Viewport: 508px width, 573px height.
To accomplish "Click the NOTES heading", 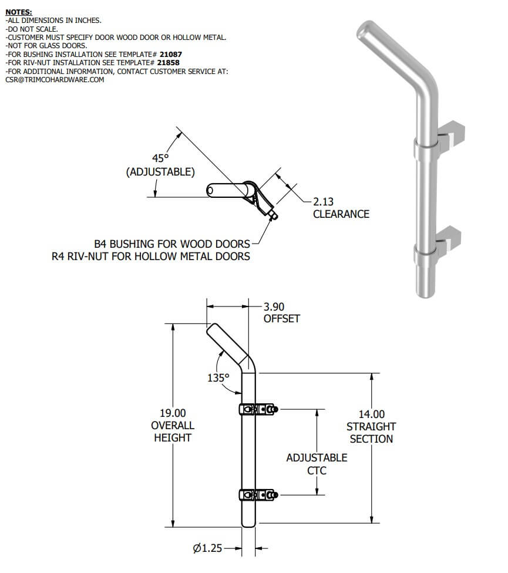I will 19,12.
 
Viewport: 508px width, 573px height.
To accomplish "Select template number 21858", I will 168,62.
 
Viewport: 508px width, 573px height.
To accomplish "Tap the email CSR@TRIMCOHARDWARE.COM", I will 55,80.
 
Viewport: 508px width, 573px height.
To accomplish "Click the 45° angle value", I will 160,159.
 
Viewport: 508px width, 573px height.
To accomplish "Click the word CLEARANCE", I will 341,214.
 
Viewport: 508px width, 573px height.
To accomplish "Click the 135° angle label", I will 218,377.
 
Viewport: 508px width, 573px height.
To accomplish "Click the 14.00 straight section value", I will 372,414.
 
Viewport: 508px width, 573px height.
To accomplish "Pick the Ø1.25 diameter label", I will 207,548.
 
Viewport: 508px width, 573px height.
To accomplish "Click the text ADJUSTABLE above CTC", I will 317,458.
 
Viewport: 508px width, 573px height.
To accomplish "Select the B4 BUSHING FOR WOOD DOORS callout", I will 172,244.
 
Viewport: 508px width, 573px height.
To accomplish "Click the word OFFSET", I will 282,319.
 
